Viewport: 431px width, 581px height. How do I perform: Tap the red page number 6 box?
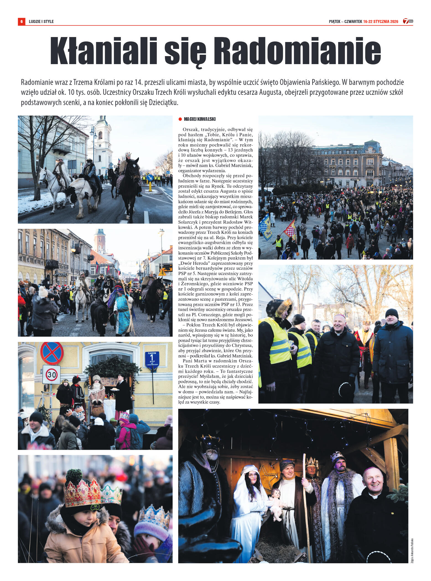pos(21,22)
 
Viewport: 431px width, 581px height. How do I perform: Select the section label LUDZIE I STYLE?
pos(41,22)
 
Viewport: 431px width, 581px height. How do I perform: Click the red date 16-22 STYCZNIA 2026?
pos(381,22)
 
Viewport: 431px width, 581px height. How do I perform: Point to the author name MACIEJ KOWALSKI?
pos(199,119)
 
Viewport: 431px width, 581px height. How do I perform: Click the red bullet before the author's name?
pos(180,119)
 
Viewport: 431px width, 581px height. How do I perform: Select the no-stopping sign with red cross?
pos(52,353)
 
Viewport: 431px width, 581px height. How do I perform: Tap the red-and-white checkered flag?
pos(290,229)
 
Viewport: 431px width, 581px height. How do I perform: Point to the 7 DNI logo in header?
pos(408,21)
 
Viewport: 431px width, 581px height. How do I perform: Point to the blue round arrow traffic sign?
pos(150,177)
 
